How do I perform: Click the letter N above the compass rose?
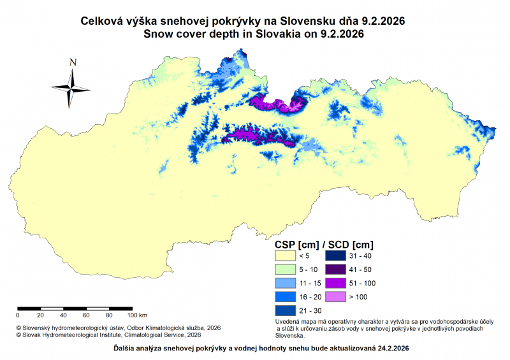click(73, 62)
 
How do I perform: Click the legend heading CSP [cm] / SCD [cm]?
click(323, 243)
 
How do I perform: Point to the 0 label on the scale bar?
click(18, 315)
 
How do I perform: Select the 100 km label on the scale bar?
click(138, 315)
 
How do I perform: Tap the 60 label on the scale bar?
click(86, 315)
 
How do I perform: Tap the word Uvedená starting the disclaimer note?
click(287, 322)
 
